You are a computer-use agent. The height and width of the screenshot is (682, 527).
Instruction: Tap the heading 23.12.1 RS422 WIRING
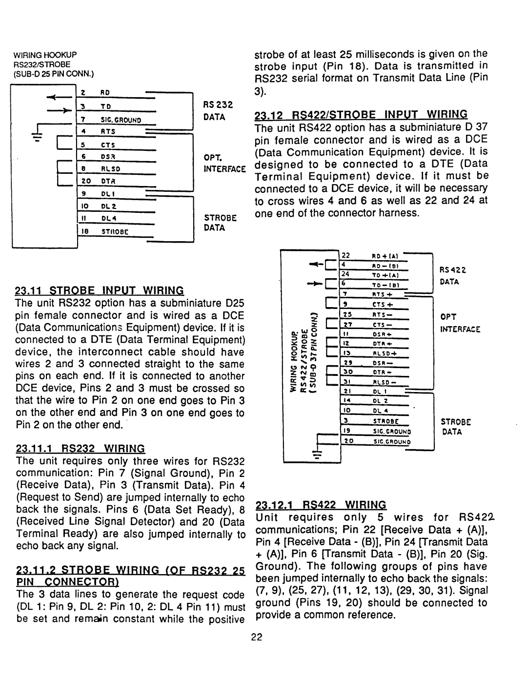pos(320,505)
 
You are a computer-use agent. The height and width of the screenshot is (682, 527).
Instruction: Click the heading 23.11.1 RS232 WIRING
pos(80,449)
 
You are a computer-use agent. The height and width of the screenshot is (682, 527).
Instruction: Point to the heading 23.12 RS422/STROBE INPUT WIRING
pos(361,115)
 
